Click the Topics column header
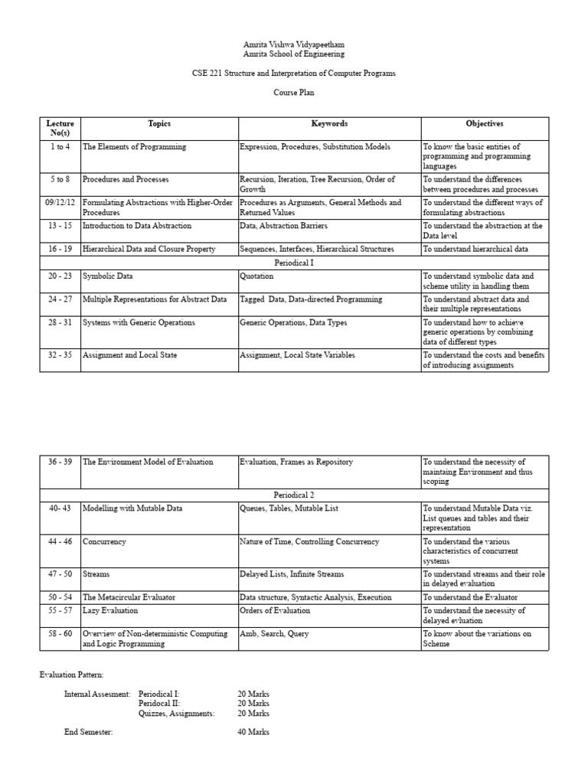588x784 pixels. [159, 123]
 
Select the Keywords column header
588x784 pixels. [329, 123]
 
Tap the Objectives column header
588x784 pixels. [485, 123]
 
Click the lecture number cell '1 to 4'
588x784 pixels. [60, 146]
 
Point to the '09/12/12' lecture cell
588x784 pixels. [60, 203]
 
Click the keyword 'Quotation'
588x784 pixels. [256, 276]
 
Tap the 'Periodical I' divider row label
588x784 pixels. [294, 262]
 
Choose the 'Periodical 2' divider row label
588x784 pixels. [294, 495]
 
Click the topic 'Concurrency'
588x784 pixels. [104, 541]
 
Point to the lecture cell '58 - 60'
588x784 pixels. [60, 633]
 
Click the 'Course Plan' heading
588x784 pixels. [294, 93]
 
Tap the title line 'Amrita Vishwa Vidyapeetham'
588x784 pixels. [294, 45]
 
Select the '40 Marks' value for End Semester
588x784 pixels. [253, 732]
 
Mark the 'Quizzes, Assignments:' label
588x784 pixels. [177, 713]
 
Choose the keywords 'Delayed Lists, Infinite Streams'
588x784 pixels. [291, 574]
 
